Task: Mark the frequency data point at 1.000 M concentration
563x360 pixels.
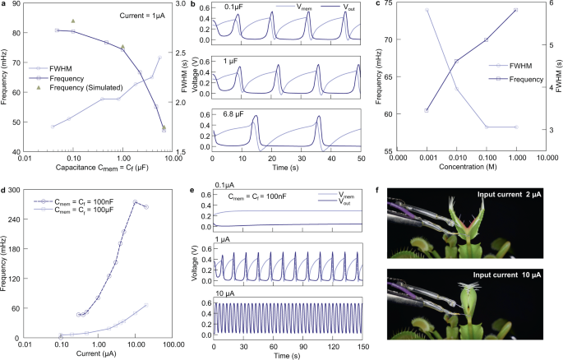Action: pyautogui.click(x=515, y=10)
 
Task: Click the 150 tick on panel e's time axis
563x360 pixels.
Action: pyautogui.click(x=359, y=346)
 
